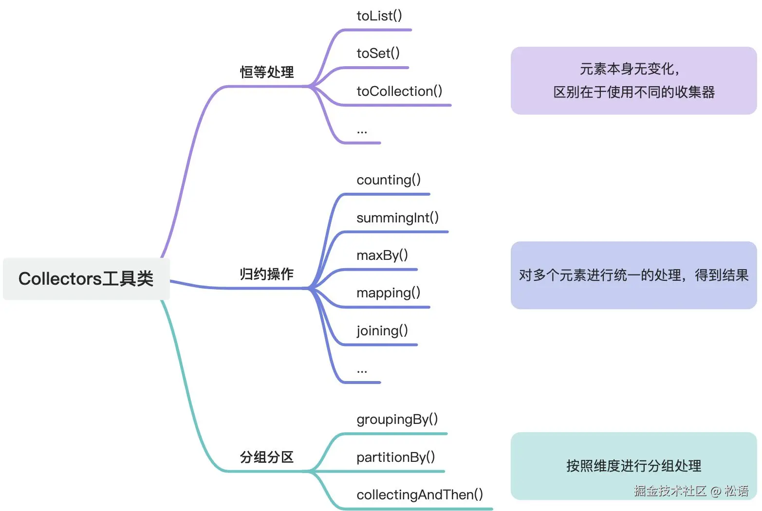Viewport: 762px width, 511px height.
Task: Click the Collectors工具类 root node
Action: pos(86,279)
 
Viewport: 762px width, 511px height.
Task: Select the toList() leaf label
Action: pos(379,16)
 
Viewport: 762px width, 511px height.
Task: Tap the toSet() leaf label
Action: pos(378,53)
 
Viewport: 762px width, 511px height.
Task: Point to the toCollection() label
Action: pos(399,91)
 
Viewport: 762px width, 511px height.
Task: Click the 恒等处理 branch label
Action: pos(267,72)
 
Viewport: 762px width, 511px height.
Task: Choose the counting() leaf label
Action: pos(389,180)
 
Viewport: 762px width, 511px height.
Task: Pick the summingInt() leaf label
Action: pos(397,218)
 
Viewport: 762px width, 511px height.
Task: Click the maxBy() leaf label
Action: pos(382,255)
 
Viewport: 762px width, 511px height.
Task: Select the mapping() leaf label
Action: pos(388,292)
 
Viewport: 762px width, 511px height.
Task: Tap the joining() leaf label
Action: pos(382,330)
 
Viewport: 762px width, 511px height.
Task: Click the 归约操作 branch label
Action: pos(267,274)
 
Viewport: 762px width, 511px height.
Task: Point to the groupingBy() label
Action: pos(397,419)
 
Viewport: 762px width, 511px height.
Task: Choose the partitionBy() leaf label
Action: pos(395,457)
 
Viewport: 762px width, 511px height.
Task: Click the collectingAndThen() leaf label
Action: pos(420,494)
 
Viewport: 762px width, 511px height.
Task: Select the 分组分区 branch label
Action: pos(267,457)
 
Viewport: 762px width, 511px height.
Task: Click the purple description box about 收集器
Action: pos(633,81)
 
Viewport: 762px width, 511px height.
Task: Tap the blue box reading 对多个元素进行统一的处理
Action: pos(633,275)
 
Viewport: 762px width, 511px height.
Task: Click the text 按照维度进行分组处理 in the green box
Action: pos(633,466)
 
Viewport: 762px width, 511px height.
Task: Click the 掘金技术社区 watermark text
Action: pos(670,491)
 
